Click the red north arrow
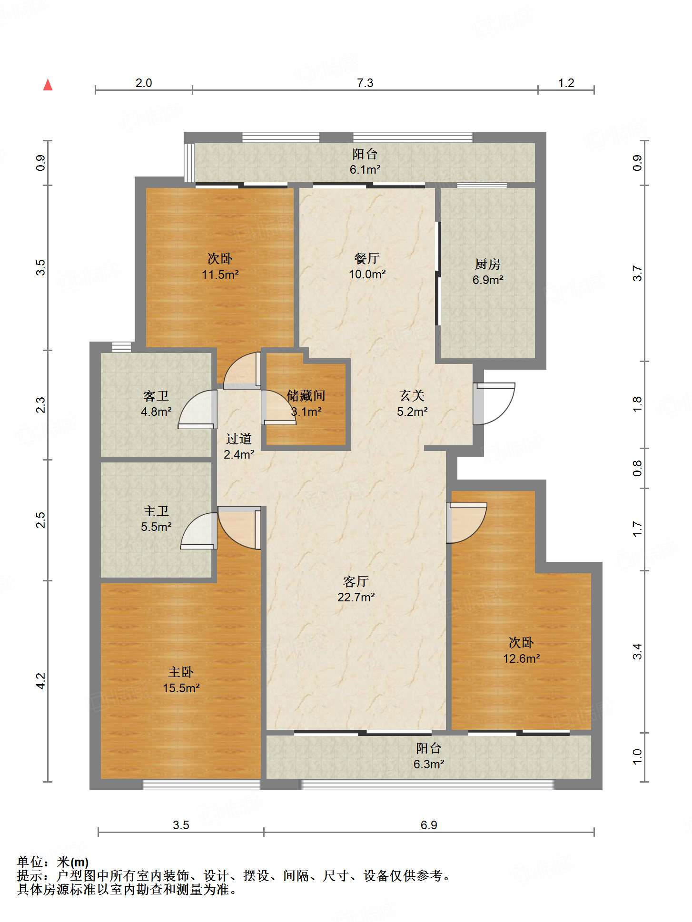[48, 85]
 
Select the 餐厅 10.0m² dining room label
[367, 266]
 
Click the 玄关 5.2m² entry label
[412, 403]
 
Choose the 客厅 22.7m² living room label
[356, 589]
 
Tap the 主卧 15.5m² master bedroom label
[181, 680]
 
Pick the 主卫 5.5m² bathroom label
[156, 519]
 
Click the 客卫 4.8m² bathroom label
[156, 403]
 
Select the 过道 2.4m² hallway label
[239, 446]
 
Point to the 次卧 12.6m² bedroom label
[521, 650]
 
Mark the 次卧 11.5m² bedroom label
[220, 266]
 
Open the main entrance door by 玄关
[494, 403]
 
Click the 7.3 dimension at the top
[365, 83]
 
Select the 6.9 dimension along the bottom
[429, 825]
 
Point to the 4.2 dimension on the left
[41, 681]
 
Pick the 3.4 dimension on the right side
[637, 651]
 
